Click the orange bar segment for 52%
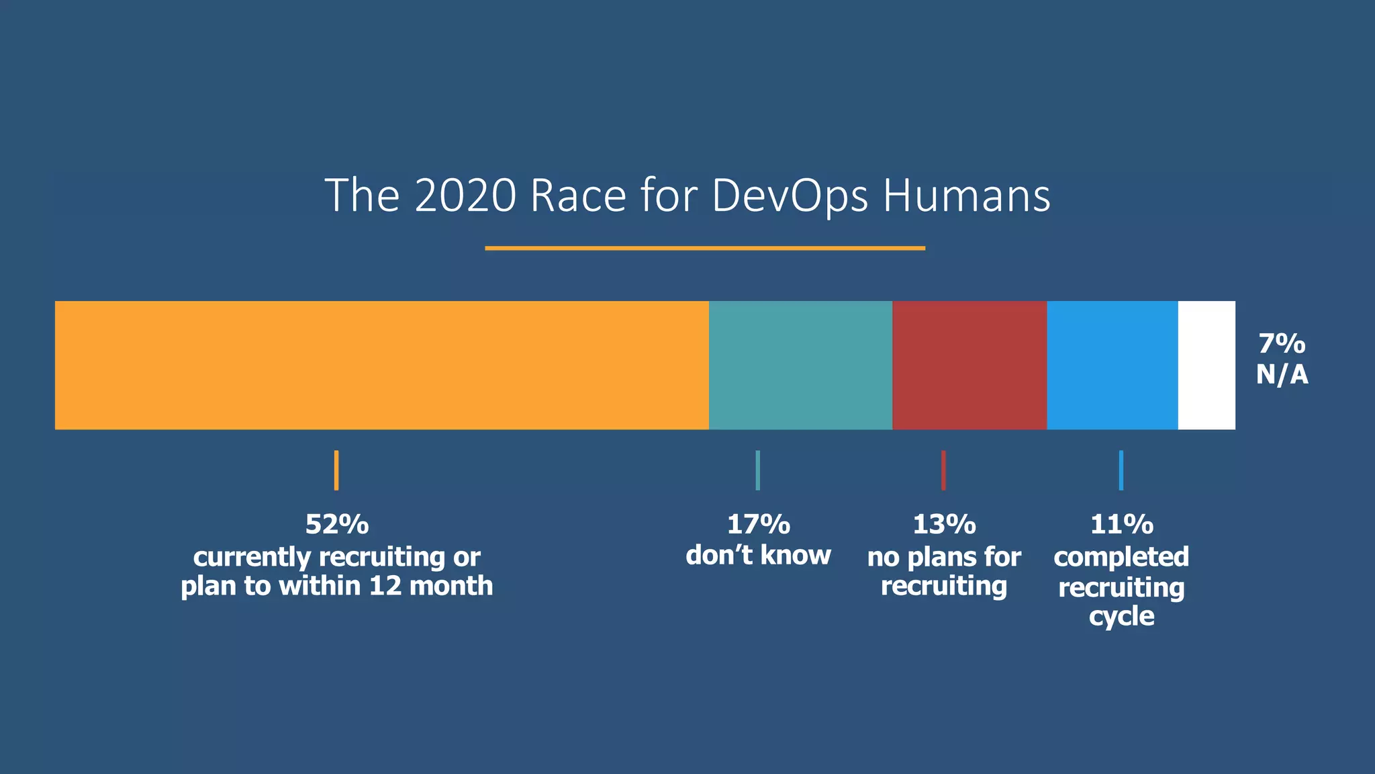[381, 365]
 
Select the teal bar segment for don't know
[800, 365]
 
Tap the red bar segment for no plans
[969, 365]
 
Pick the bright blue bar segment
[1112, 365]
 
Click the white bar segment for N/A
[1206, 365]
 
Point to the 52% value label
[337, 525]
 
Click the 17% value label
[758, 525]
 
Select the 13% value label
[944, 525]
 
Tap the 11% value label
[1121, 525]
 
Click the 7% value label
[1282, 344]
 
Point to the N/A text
[1282, 375]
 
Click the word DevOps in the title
[790, 197]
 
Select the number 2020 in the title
[465, 196]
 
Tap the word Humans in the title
[966, 196]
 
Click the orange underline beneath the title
[705, 248]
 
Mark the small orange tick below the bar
[336, 470]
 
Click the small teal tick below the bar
[757, 470]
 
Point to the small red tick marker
[943, 470]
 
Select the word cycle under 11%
[1121, 617]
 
